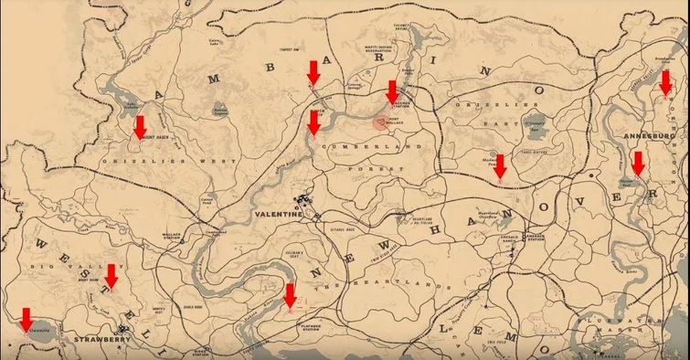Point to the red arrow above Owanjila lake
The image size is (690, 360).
26,319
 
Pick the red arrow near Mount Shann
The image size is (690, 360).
111,275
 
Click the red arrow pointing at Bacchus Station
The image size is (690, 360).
392,91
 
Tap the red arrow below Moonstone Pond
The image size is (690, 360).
499,165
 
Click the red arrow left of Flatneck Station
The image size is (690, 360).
290,295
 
